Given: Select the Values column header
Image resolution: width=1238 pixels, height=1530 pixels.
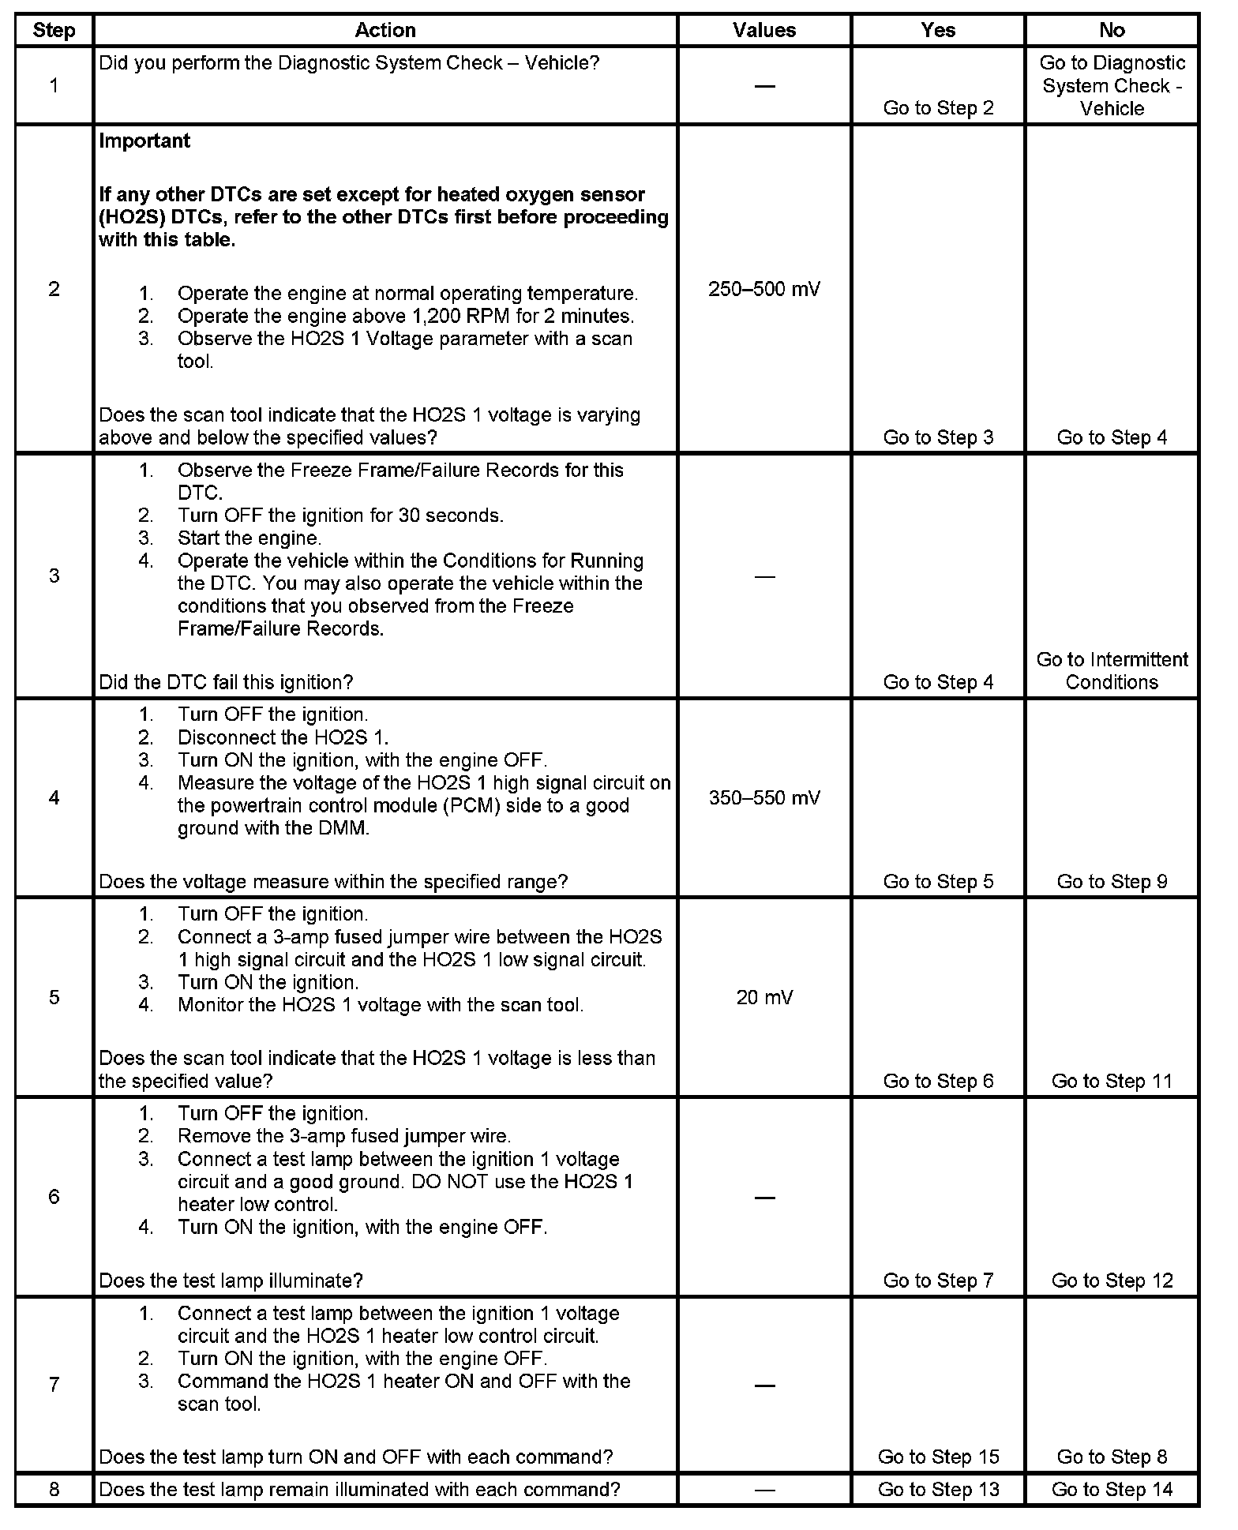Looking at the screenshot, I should point(764,30).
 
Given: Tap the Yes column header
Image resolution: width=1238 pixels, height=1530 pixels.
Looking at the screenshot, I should point(938,30).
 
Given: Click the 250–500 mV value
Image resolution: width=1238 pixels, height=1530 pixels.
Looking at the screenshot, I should point(764,289).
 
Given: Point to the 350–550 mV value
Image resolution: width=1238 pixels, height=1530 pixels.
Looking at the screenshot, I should point(764,797).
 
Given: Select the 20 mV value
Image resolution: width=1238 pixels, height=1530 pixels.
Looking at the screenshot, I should point(764,997).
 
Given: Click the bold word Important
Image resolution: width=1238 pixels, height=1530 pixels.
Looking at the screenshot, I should point(144,141).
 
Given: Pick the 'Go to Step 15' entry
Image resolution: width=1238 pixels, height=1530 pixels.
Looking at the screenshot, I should point(938,1457).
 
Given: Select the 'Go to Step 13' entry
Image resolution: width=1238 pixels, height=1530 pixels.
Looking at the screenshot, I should point(938,1490).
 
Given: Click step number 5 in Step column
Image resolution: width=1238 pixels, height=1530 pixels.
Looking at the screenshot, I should point(54,997).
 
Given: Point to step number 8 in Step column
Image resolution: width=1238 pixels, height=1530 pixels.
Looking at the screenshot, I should point(54,1490).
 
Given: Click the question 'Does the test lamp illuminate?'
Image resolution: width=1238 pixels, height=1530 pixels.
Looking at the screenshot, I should point(231,1281).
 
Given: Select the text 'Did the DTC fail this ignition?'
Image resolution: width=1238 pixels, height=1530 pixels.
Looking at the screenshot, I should point(226,682).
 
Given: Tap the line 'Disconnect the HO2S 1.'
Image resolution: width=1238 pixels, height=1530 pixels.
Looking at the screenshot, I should point(283,737).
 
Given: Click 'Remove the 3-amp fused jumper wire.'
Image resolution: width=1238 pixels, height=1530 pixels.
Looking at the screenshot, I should point(344,1136).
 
